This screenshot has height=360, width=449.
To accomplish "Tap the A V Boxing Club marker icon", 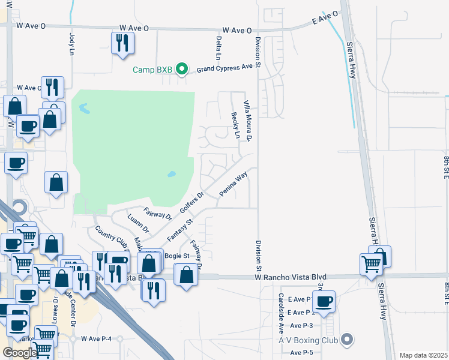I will click(346, 340).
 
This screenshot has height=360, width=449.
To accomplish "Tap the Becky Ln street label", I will click(236, 125).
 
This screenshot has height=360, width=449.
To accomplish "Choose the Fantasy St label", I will click(179, 230).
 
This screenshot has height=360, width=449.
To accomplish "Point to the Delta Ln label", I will click(218, 47).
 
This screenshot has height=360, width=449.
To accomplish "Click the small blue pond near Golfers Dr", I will click(172, 175).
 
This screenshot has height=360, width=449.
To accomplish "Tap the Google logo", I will click(19, 353).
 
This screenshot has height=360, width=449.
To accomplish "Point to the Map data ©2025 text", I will click(423, 355).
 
